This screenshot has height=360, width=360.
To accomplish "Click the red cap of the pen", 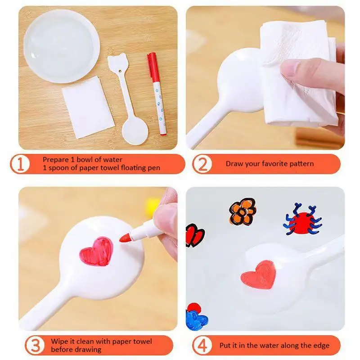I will point(152,61).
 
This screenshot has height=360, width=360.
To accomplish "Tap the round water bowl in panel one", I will point(61,46).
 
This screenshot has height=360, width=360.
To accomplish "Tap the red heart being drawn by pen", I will point(96,250).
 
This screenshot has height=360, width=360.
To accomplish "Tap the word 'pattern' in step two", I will point(299,163).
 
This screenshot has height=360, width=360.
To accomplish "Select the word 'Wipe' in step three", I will point(58,341).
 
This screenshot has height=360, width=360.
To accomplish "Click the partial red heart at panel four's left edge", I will point(195,235).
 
